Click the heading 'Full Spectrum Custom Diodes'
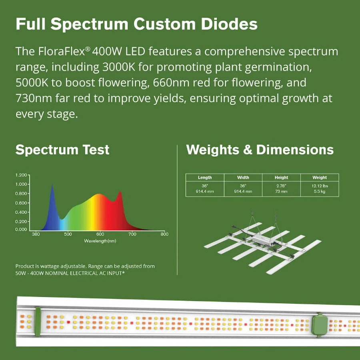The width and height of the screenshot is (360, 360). [x=136, y=24]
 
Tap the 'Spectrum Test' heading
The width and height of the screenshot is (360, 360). [x=62, y=150]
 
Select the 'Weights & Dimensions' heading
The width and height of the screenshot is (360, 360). [x=260, y=150]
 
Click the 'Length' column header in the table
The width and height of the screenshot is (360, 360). [x=205, y=178]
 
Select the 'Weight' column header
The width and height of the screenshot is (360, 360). [x=320, y=178]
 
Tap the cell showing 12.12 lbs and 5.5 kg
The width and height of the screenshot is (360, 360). [x=320, y=188]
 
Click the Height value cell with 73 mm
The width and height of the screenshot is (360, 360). [x=281, y=188]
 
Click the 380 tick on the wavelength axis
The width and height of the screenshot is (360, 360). [x=35, y=234]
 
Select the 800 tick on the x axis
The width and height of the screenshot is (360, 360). [x=164, y=234]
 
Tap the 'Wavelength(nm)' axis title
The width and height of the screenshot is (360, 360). [x=100, y=241]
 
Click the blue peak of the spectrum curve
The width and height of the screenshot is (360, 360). [x=52, y=187]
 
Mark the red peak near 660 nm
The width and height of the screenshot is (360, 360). [x=120, y=193]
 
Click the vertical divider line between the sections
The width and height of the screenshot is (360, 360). [x=177, y=210]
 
